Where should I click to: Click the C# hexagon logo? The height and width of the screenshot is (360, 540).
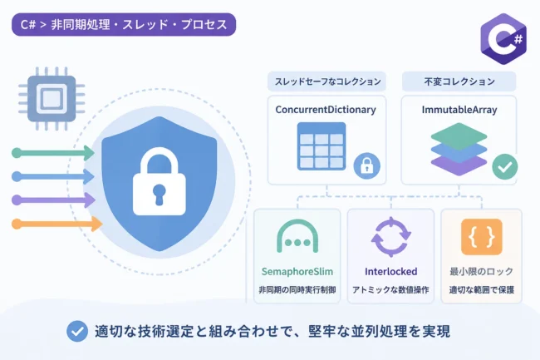pyautogui.click(x=503, y=38)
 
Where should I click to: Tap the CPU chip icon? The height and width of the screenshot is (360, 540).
pyautogui.click(x=52, y=99)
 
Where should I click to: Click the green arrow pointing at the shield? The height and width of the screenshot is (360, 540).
pyautogui.click(x=53, y=153)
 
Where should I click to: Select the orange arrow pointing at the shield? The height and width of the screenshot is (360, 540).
pyautogui.click(x=56, y=224)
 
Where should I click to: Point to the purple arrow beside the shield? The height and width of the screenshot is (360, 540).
pyautogui.click(x=53, y=200)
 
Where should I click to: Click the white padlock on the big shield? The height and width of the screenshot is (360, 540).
pyautogui.click(x=160, y=181)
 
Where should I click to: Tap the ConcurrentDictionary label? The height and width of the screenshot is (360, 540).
pyautogui.click(x=326, y=110)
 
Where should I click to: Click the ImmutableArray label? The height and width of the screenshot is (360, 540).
pyautogui.click(x=459, y=110)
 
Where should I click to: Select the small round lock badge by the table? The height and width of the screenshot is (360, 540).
pyautogui.click(x=366, y=165)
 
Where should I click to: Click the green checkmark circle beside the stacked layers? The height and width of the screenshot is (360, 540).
pyautogui.click(x=505, y=167)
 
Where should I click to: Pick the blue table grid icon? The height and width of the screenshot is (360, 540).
pyautogui.click(x=322, y=146)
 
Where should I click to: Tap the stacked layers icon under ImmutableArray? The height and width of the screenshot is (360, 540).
pyautogui.click(x=459, y=149)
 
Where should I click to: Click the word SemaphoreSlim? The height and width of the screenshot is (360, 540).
pyautogui.click(x=297, y=272)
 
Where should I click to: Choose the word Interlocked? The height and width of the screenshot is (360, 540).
pyautogui.click(x=391, y=272)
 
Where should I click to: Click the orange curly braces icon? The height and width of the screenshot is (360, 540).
pyautogui.click(x=482, y=237)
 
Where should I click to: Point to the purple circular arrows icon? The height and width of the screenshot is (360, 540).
pyautogui.click(x=391, y=237)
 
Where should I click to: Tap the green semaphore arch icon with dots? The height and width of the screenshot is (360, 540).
pyautogui.click(x=297, y=236)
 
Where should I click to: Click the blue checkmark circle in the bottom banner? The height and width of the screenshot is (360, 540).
pyautogui.click(x=77, y=331)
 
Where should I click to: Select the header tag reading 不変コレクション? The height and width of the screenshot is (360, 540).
pyautogui.click(x=459, y=81)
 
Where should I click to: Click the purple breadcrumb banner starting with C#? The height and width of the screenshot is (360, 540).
pyautogui.click(x=124, y=24)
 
